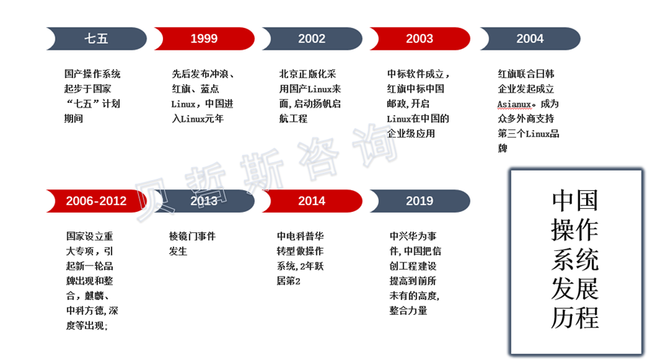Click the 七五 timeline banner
click(96, 38)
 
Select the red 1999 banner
click(204, 38)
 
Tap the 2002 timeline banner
click(312, 38)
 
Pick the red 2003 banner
click(419, 38)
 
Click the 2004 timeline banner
click(530, 38)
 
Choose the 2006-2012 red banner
click(96, 201)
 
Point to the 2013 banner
click(204, 201)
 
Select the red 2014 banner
click(312, 201)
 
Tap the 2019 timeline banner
click(419, 201)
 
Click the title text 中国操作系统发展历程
click(575, 259)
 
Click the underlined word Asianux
click(515, 104)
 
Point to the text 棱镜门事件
click(192, 237)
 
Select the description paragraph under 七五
click(92, 96)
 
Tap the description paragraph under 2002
click(310, 96)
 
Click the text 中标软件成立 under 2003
click(416, 74)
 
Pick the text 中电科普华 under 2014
click(300, 237)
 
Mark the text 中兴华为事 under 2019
click(413, 237)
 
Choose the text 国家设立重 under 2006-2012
click(89, 237)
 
